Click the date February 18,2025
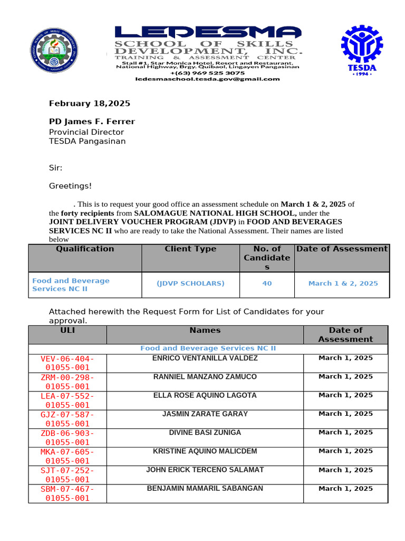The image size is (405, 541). [90, 104]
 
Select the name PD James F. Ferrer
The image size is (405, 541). [92, 122]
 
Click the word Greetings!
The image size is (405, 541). [70, 186]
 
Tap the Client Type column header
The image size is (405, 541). [190, 249]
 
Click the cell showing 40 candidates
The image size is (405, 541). [267, 284]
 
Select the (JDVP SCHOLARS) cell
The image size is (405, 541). [190, 284]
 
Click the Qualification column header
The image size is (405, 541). [85, 249]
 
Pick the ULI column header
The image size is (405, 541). [67, 330]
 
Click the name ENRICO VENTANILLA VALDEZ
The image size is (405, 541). [205, 358]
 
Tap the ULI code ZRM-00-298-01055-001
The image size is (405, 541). [67, 381]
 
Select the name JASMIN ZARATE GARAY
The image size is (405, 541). [205, 414]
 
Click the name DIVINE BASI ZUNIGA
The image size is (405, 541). [205, 433]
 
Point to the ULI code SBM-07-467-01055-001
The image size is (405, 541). [67, 493]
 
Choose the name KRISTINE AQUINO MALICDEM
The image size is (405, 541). [205, 451]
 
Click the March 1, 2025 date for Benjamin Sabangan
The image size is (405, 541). [345, 489]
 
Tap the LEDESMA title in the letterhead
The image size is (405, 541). [208, 33]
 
